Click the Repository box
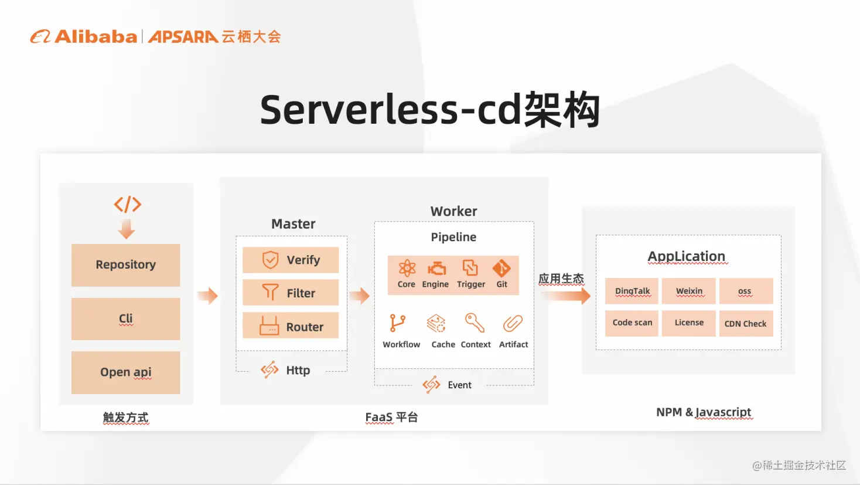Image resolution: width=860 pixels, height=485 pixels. (125, 265)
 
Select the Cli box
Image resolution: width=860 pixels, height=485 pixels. (125, 318)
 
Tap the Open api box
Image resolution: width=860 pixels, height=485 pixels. (125, 372)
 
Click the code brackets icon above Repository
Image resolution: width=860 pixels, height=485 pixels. (128, 204)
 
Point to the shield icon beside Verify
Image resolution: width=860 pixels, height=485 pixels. (270, 260)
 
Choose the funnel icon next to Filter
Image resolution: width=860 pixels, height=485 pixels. (270, 292)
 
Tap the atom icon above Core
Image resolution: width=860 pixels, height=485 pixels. (407, 268)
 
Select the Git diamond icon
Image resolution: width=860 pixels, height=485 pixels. (501, 268)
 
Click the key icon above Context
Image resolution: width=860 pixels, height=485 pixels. (475, 323)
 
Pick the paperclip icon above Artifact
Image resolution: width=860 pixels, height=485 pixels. (513, 323)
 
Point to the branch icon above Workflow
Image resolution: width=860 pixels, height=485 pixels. (397, 323)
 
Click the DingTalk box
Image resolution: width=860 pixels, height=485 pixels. (632, 291)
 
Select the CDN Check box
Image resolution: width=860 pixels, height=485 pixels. (746, 324)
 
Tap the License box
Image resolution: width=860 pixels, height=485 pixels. (689, 323)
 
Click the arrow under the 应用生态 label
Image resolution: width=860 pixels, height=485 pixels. (565, 296)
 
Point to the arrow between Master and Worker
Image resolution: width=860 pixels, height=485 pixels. (360, 296)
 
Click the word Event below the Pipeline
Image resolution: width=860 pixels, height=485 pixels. (459, 385)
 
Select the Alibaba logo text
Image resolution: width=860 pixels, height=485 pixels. (95, 37)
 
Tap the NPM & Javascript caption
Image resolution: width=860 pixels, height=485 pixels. (704, 412)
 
